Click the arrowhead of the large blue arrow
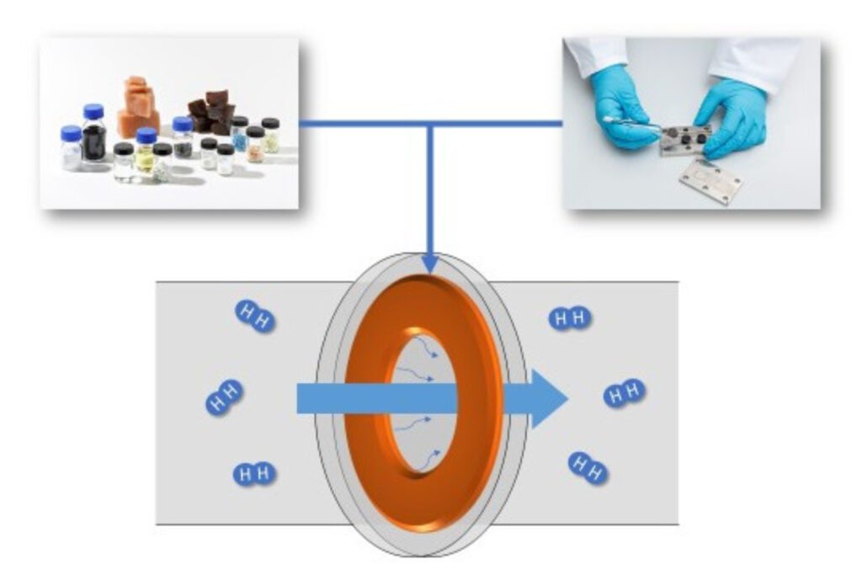[x=545, y=398]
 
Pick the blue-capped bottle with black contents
[x=93, y=136]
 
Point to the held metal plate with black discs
[x=685, y=138]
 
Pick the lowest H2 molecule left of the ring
[x=254, y=474]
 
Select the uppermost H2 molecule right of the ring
[x=570, y=317]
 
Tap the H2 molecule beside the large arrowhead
[x=625, y=392]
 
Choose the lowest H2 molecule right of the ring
[x=588, y=468]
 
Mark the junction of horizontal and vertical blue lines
[x=429, y=125]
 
